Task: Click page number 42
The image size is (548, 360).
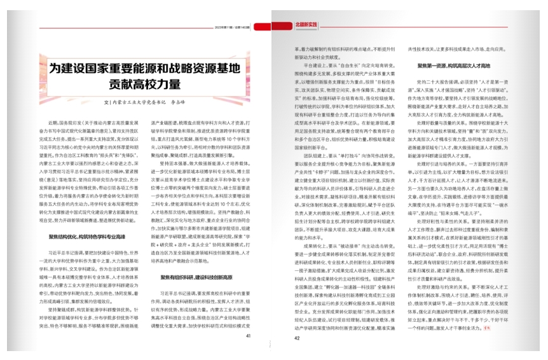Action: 296,338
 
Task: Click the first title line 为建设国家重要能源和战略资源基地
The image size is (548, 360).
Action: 146,67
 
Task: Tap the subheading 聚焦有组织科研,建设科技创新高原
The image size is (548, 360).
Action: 189,277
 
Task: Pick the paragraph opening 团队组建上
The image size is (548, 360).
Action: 315,154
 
